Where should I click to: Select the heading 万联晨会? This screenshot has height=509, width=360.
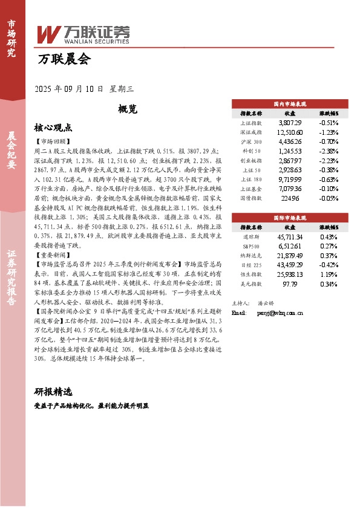pos(64,59)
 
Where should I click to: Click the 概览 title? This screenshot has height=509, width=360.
pos(128,109)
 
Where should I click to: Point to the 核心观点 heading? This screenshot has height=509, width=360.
pos(53,128)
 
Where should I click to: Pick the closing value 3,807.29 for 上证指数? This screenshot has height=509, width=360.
pos(290,122)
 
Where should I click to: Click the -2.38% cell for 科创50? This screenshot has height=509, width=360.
pos(329,151)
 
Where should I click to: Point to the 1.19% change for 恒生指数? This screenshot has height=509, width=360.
pos(329,274)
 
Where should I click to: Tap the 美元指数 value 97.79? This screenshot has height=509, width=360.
pos(290,284)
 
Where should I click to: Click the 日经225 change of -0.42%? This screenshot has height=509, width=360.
pos(329,264)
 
